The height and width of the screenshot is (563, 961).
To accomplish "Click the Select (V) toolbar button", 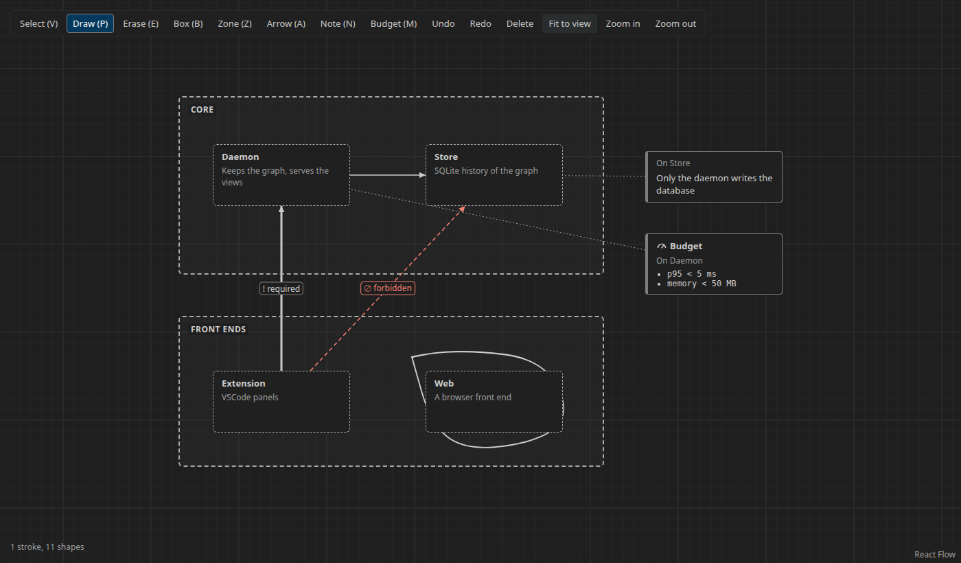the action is (38, 23).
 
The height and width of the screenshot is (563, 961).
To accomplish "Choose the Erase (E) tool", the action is (141, 23).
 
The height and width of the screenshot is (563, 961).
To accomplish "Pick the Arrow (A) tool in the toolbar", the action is (286, 23).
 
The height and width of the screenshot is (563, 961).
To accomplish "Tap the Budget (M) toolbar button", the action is (393, 23).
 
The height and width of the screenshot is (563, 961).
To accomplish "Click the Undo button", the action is (443, 23).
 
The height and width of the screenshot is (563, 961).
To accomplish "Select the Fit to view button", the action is (570, 23).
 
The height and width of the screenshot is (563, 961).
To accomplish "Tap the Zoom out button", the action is (675, 23).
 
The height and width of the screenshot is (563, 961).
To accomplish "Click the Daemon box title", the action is (240, 157).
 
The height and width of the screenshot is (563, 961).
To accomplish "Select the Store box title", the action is (445, 157).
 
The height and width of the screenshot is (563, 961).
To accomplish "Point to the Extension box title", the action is (243, 384).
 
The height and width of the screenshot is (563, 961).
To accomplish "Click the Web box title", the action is (443, 384).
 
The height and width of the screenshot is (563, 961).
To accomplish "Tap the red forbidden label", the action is (388, 288).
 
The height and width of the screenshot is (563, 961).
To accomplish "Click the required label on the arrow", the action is (281, 289).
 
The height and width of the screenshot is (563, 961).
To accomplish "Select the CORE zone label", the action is (202, 110).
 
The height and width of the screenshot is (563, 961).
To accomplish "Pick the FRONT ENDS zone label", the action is (218, 330).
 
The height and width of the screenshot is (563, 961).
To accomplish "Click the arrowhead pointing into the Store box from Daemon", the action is (423, 175).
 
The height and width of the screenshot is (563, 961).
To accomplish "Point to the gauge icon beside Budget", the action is (662, 246).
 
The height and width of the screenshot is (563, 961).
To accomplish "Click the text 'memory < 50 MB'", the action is (702, 284).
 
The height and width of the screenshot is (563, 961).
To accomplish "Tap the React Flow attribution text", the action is (935, 555).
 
